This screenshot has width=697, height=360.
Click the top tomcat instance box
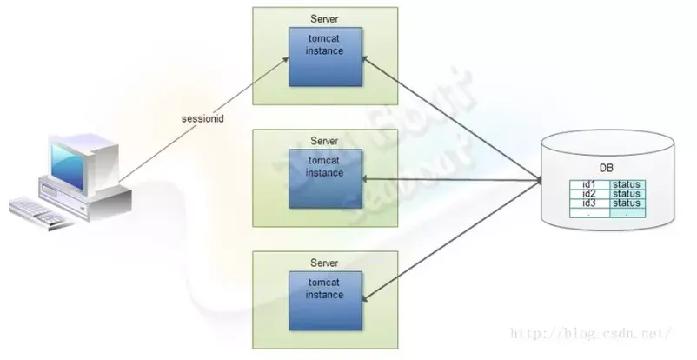coord(324,56)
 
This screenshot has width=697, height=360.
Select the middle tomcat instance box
coord(324,177)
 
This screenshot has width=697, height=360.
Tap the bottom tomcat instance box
coord(324,300)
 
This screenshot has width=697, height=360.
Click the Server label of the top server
coord(324,19)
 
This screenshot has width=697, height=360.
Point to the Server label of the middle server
coord(324,141)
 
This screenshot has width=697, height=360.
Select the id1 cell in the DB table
coord(589,184)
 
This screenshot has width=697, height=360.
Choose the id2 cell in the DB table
coord(589,194)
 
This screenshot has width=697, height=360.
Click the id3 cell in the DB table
coord(589,203)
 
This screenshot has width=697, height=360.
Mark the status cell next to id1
coord(626,184)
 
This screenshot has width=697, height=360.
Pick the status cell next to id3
coord(626,203)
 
